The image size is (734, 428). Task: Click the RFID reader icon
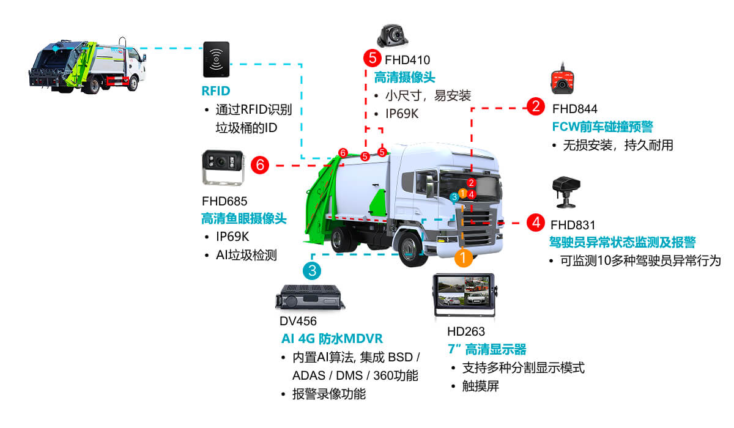coord(216,59)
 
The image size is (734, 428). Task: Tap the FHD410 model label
coord(407,60)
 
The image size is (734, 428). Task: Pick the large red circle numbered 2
coord(536,107)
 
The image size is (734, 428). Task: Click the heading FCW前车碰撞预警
coord(602,127)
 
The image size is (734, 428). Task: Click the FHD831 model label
coord(573,225)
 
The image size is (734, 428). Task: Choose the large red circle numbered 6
coord(260,164)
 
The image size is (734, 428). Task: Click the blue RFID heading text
coord(215,92)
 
